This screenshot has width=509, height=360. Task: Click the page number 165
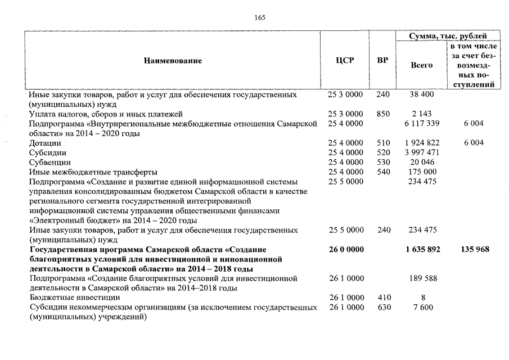260,17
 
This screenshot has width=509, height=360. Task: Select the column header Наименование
172,60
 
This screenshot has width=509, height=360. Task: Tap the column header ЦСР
345,60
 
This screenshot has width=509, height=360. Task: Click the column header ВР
382,60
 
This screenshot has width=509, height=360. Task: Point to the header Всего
422,65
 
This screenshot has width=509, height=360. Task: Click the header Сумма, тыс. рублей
448,36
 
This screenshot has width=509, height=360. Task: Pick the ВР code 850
382,114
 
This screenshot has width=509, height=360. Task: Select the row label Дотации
45,143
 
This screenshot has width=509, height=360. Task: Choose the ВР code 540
382,172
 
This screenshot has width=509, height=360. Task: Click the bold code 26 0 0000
345,249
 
